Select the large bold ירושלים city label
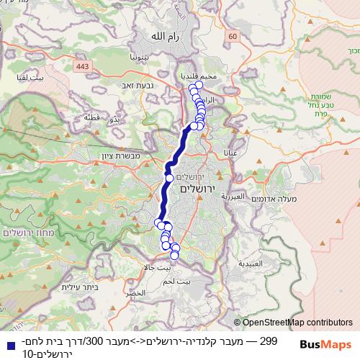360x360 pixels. coord(196,189)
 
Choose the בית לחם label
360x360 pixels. coord(197,283)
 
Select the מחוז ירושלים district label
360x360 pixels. coord(24,233)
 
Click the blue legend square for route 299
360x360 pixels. coord(7,341)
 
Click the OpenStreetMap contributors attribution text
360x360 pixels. coord(297,323)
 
